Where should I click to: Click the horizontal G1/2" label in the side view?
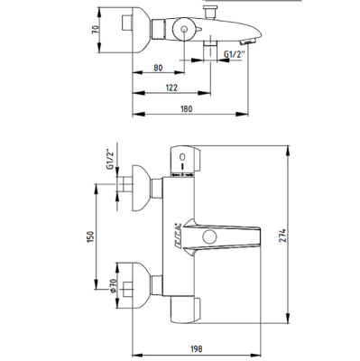pos(237,56)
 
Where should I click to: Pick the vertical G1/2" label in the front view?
pos(108,160)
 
